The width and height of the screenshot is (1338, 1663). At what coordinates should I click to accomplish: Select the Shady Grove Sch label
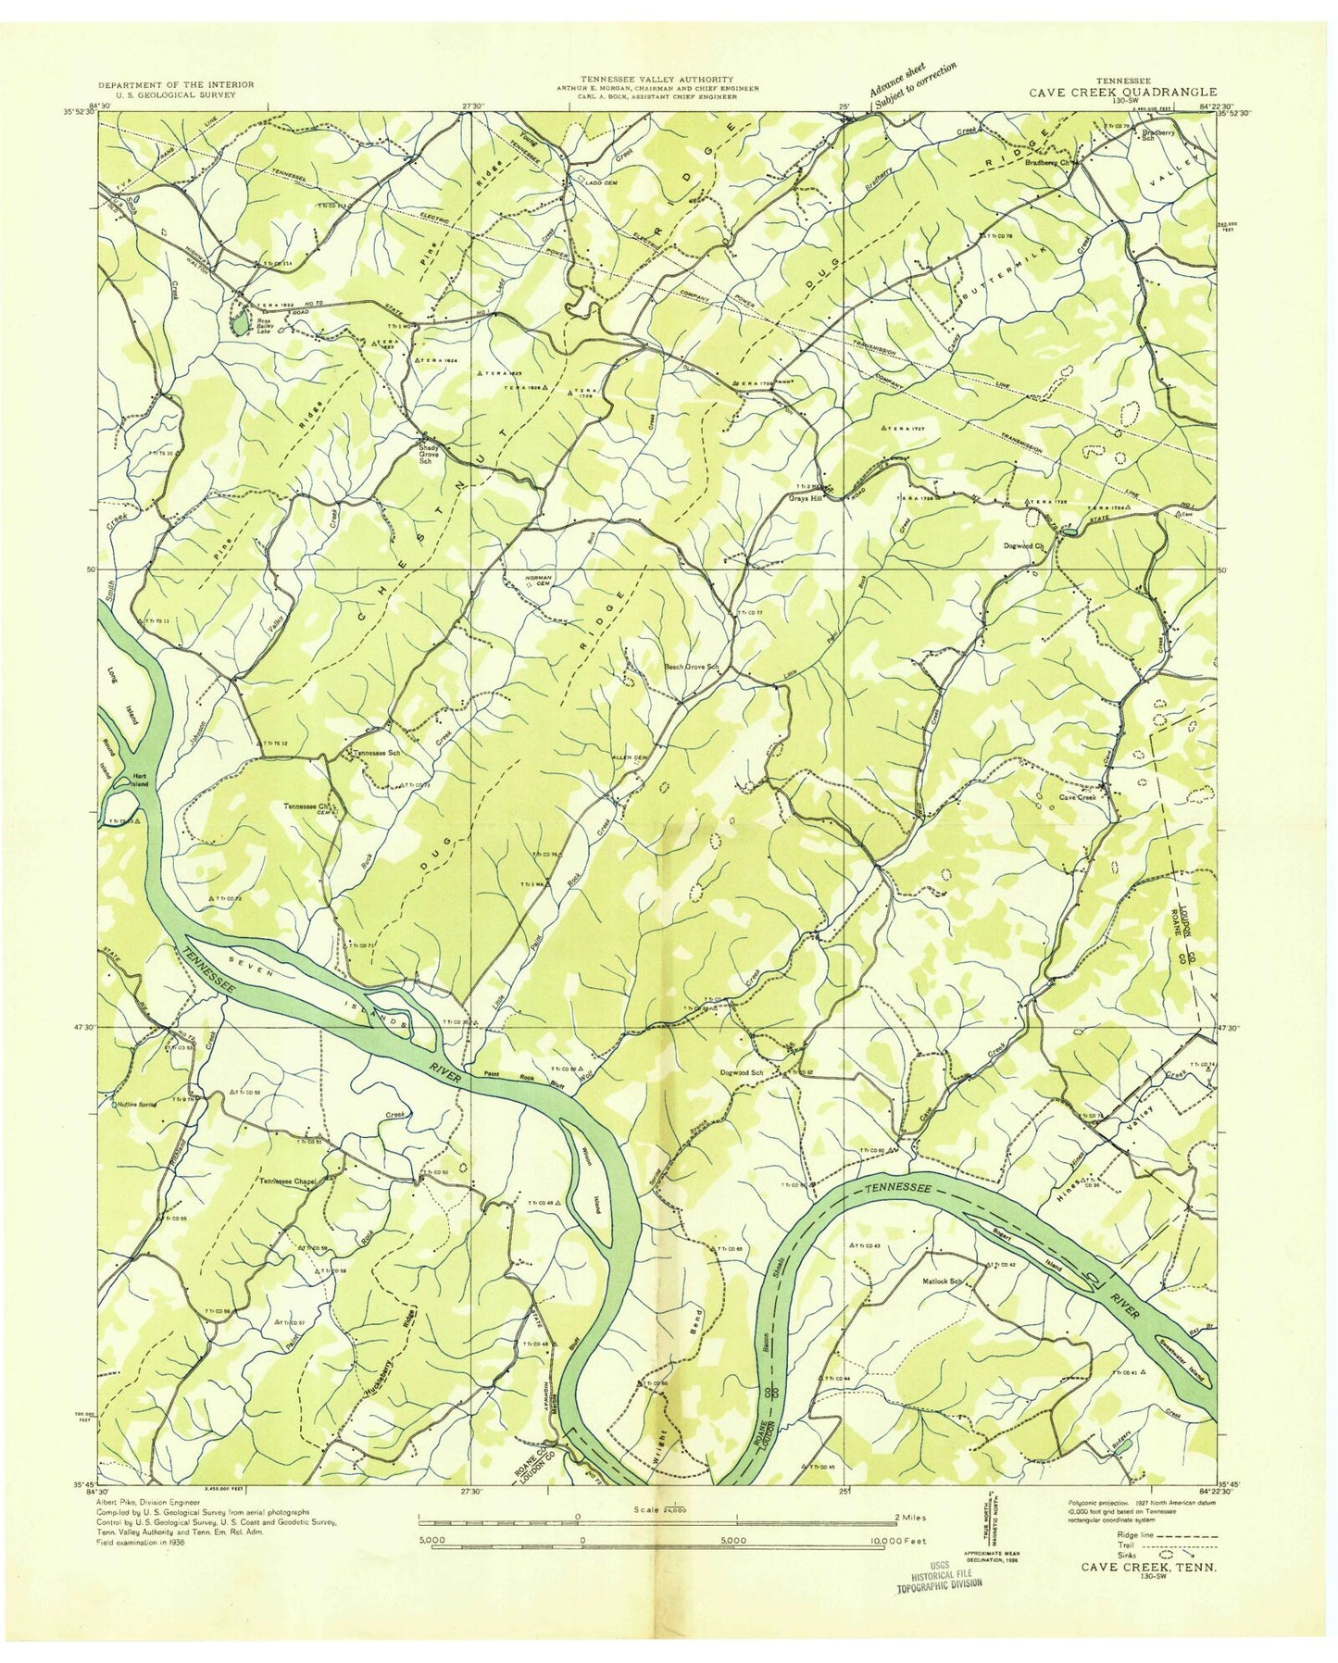point(433,453)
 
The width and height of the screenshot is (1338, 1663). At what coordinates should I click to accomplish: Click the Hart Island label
point(139,780)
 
